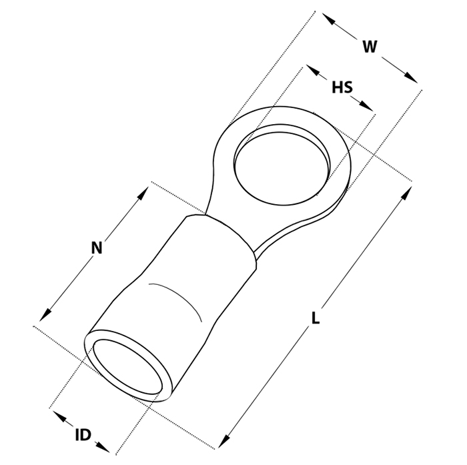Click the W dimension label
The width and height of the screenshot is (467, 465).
pyautogui.click(x=370, y=47)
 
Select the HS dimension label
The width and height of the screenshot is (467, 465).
pyautogui.click(x=342, y=87)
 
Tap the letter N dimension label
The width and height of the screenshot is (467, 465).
pyautogui.click(x=97, y=248)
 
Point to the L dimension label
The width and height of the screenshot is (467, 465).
pyautogui.click(x=316, y=318)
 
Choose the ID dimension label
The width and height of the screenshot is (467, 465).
pyautogui.click(x=83, y=435)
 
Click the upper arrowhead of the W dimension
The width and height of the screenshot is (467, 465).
pyautogui.click(x=329, y=19)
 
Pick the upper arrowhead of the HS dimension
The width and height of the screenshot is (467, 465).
pyautogui.click(x=313, y=71)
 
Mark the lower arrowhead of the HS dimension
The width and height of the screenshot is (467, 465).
pyautogui.click(x=366, y=106)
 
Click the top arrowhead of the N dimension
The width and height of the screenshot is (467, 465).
pyautogui.click(x=143, y=193)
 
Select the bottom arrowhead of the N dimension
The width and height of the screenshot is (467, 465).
pyautogui.click(x=45, y=315)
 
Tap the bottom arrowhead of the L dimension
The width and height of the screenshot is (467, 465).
pyautogui.click(x=224, y=441)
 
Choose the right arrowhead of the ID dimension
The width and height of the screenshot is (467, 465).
pyautogui.click(x=103, y=447)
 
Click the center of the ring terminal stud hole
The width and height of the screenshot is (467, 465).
pyautogui.click(x=282, y=169)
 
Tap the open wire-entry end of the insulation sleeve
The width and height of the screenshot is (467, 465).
pyautogui.click(x=128, y=366)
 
